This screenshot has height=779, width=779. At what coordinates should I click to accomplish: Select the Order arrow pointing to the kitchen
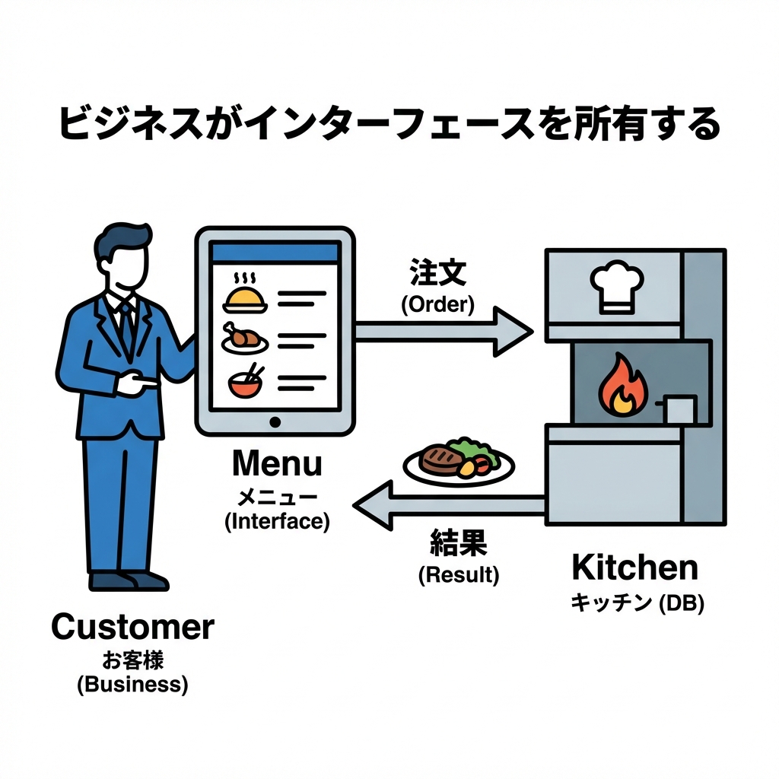click(441, 331)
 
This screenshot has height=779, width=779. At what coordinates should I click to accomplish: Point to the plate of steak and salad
click(459, 460)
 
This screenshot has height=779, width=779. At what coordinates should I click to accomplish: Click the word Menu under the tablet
click(276, 463)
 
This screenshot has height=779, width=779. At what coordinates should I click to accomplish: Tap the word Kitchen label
click(634, 568)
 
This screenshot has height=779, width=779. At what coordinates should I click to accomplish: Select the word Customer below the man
click(132, 628)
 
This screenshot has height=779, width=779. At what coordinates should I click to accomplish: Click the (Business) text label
click(132, 684)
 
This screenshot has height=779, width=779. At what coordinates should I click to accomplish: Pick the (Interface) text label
click(276, 523)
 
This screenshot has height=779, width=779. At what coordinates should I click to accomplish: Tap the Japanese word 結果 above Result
click(458, 543)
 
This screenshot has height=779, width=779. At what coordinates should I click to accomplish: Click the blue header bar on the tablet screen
click(275, 254)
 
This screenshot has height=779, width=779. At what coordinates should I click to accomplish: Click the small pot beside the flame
click(680, 409)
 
